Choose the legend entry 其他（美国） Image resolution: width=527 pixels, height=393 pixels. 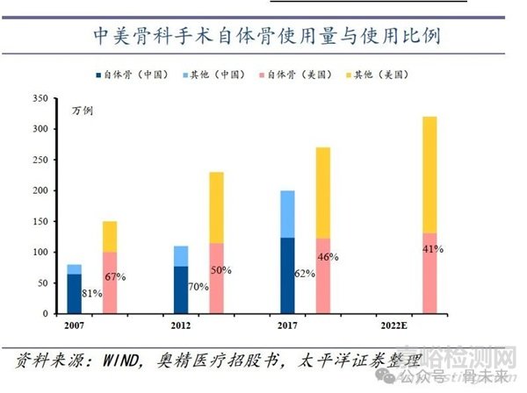[x=384, y=75]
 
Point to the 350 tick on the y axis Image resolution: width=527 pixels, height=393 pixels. [x=50, y=100]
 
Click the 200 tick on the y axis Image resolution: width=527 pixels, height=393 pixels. [x=50, y=191]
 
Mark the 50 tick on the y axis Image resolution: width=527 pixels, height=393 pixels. [x=53, y=283]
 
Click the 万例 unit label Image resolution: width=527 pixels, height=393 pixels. [x=82, y=111]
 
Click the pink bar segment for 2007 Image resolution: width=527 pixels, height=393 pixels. [x=110, y=282]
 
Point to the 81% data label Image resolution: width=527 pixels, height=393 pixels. [x=91, y=293]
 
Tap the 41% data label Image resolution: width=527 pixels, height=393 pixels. [x=456, y=248]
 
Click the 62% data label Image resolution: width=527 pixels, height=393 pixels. [x=304, y=274]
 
